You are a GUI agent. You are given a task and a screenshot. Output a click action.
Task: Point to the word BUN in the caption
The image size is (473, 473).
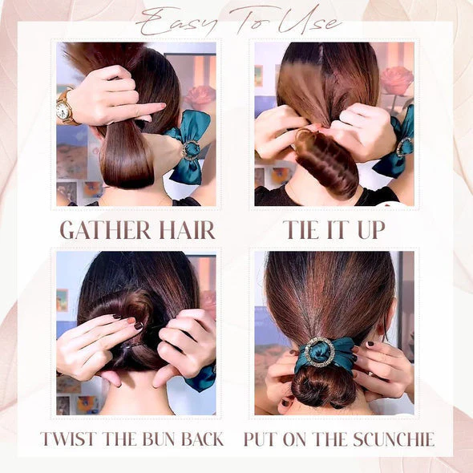click(159, 439)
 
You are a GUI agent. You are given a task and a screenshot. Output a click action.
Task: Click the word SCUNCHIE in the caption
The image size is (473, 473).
click(394, 439)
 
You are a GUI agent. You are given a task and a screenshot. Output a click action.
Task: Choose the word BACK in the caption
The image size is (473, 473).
click(202, 439)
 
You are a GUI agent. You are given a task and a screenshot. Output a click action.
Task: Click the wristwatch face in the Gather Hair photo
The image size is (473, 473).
click(63, 111)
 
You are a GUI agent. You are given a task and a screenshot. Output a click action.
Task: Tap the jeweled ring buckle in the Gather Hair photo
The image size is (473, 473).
click(190, 151)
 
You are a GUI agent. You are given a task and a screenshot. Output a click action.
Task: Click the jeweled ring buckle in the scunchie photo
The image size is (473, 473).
click(320, 352)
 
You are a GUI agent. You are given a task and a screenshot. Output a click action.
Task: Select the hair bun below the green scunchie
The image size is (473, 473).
click(324, 389)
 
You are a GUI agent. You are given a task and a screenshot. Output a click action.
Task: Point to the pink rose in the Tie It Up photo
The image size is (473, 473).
click(396, 80)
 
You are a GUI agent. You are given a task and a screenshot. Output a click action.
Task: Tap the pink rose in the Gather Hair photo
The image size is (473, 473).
click(200, 97)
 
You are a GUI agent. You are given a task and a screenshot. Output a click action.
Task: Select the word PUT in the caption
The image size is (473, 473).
click(260, 439)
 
